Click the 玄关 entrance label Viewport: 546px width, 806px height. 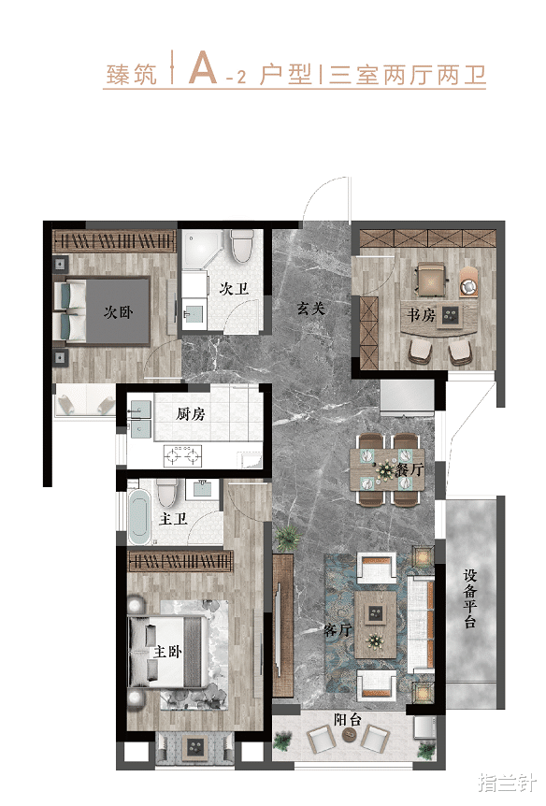click(311, 309)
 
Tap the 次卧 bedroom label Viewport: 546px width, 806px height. click(118, 311)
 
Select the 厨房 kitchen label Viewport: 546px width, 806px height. click(190, 413)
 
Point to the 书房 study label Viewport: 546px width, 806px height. click(421, 314)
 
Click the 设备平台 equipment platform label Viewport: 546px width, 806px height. click(470, 597)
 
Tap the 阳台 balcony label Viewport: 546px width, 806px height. click(348, 719)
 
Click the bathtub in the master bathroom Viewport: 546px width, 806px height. click(138, 516)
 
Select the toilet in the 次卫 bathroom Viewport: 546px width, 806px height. click(242, 245)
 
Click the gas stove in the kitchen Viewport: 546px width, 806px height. click(182, 456)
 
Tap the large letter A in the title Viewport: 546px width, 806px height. click(203, 67)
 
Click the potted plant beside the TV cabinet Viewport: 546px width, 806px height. click(288, 538)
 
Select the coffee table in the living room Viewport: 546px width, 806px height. click(375, 624)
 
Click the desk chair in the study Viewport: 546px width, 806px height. click(431, 280)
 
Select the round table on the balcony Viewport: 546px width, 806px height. click(348, 735)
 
